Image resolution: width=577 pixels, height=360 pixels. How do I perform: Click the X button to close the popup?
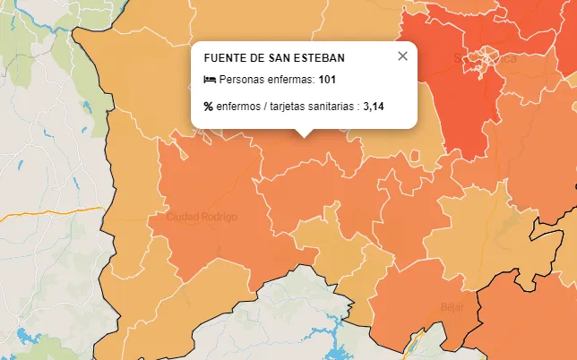click(x=402, y=56)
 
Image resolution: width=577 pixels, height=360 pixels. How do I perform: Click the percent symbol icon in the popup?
click(x=209, y=106)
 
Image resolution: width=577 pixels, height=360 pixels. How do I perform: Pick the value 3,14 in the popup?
click(x=374, y=106)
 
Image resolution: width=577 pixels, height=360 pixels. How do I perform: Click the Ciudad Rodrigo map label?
click(x=202, y=218)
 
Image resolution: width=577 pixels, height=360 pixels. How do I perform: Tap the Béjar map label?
click(x=452, y=306)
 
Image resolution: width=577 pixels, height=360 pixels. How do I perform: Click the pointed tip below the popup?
click(x=305, y=133)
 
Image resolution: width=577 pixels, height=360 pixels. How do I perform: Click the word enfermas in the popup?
click(x=291, y=80)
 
